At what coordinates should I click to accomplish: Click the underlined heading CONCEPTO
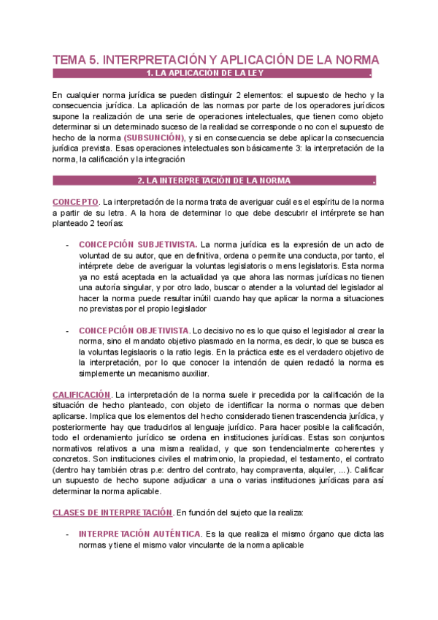pos(75,201)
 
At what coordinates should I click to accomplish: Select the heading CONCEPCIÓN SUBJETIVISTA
pos(137,243)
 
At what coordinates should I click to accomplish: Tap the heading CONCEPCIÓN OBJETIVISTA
pos(134,330)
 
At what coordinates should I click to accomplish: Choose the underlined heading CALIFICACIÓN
pos(82,395)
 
